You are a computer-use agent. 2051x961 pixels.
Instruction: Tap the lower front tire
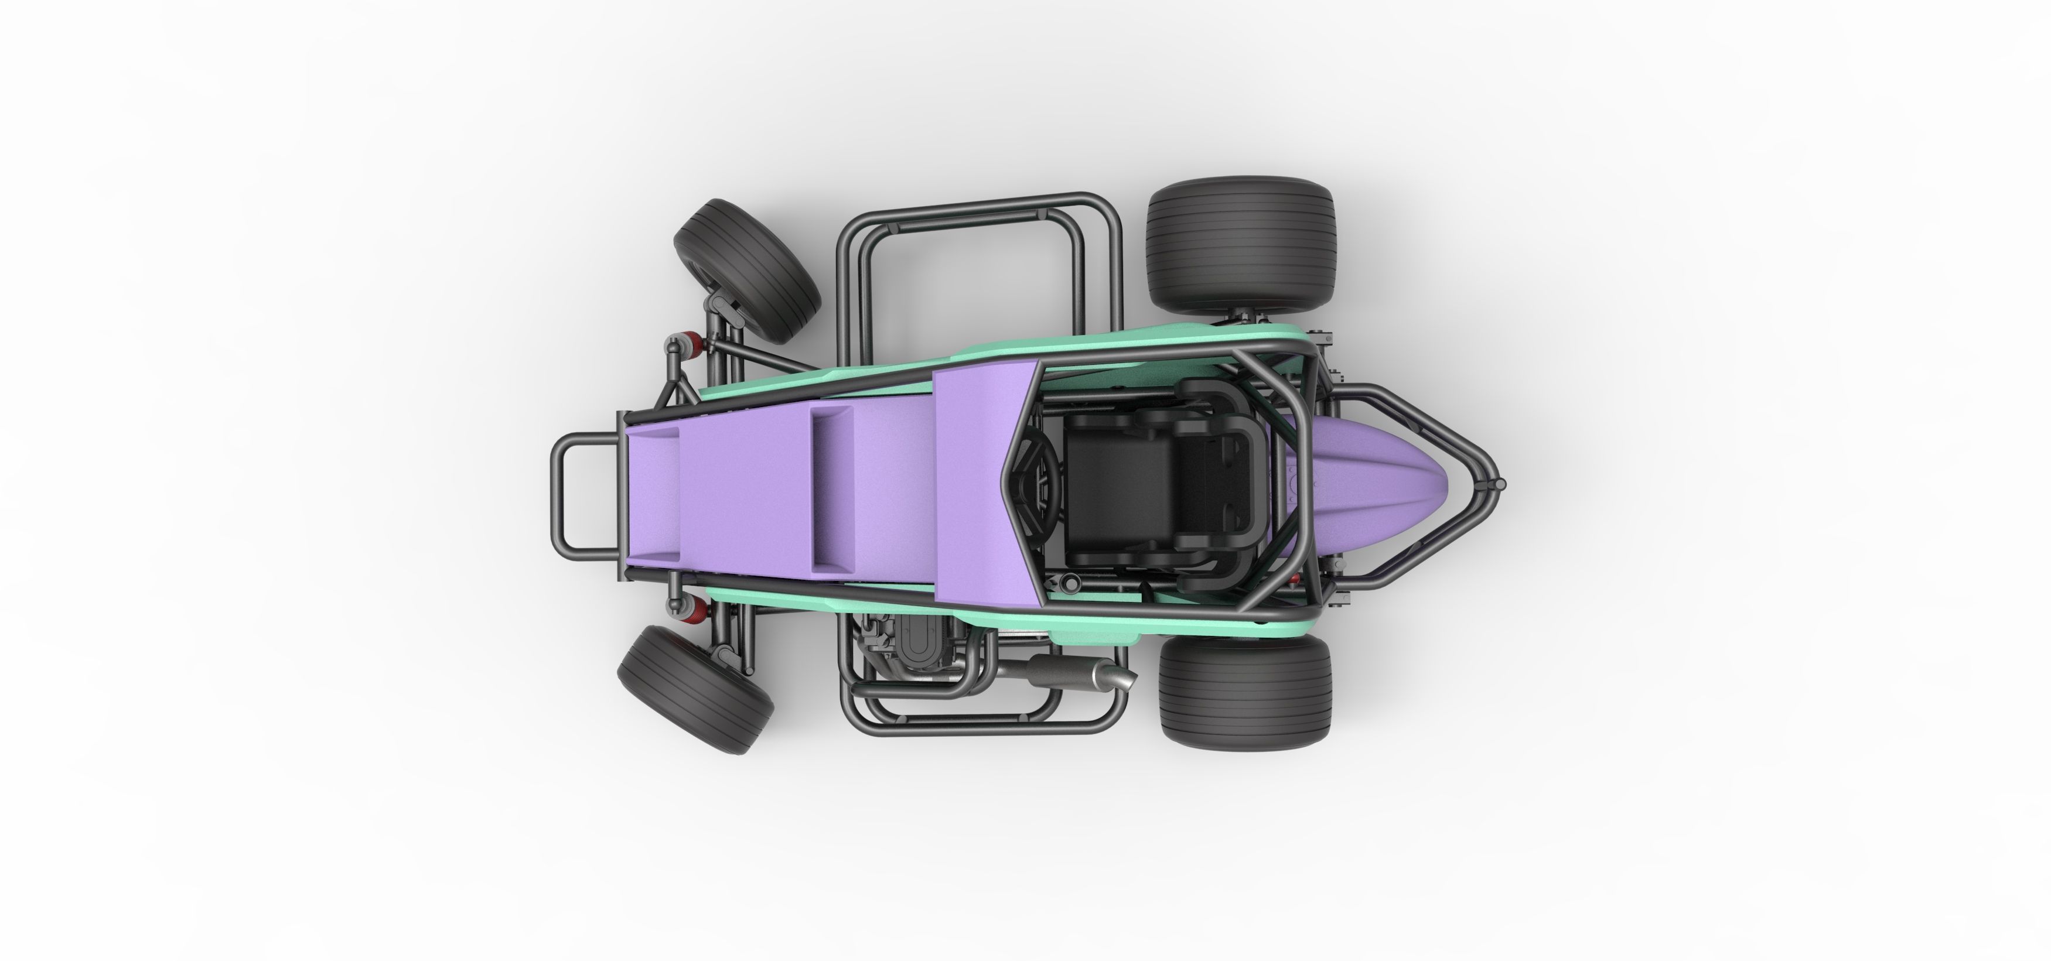(x=695, y=688)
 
